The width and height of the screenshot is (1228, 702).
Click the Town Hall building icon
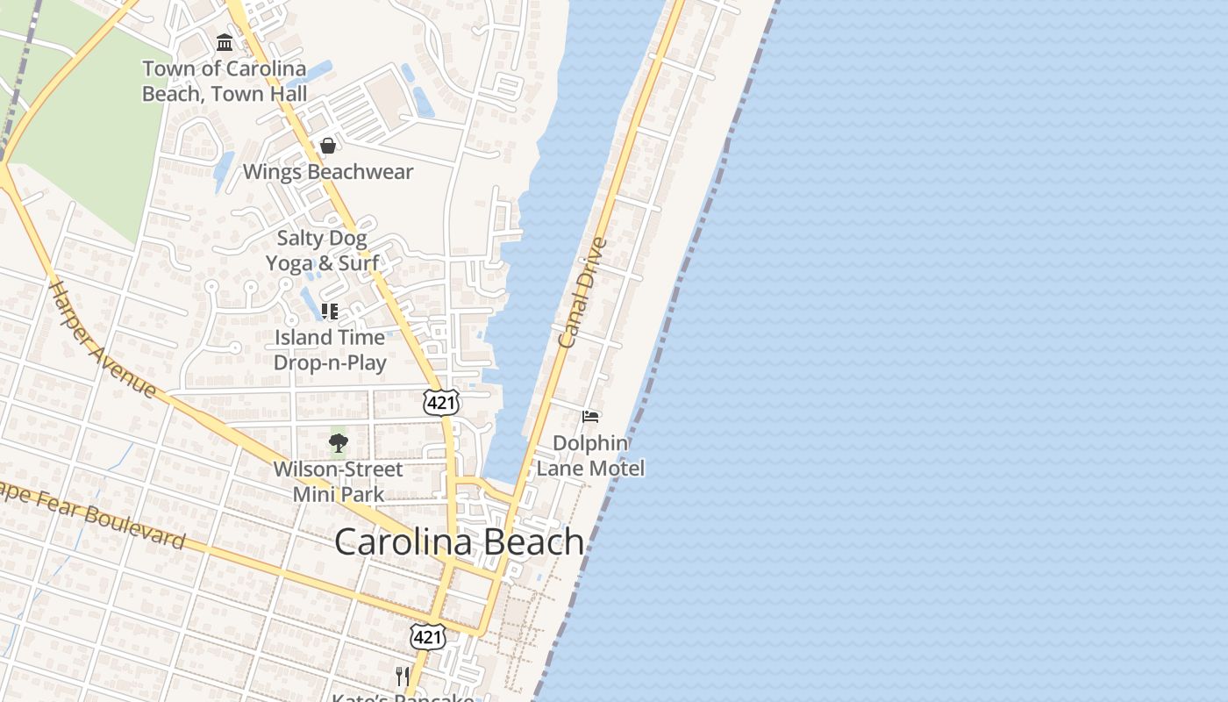tap(225, 42)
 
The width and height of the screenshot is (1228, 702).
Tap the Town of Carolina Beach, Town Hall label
tap(225, 81)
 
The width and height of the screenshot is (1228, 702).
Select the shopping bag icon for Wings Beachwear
tap(328, 146)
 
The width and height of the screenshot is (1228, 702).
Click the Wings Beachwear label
tap(328, 172)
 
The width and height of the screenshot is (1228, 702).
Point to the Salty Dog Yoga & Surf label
tap(322, 250)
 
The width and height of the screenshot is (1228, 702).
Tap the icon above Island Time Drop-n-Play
tap(330, 312)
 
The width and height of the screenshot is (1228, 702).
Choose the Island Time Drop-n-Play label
tap(330, 349)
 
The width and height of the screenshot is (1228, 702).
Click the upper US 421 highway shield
tap(439, 402)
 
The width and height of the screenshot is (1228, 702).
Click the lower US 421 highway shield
tap(427, 636)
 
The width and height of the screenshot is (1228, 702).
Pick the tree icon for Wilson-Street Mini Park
tap(339, 443)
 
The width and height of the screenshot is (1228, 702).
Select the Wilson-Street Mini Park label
tap(339, 481)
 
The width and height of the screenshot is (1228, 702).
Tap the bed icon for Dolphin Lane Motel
tap(591, 416)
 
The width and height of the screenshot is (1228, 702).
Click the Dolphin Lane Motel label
tap(590, 455)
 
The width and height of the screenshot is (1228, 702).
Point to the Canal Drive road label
tap(582, 292)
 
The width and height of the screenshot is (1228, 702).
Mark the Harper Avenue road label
tap(102, 339)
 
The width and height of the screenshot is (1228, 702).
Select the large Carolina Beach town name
tap(460, 541)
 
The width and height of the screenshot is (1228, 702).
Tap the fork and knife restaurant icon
tap(403, 676)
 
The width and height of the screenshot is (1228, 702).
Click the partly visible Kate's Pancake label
tap(403, 698)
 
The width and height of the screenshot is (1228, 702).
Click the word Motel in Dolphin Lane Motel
tap(617, 469)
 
